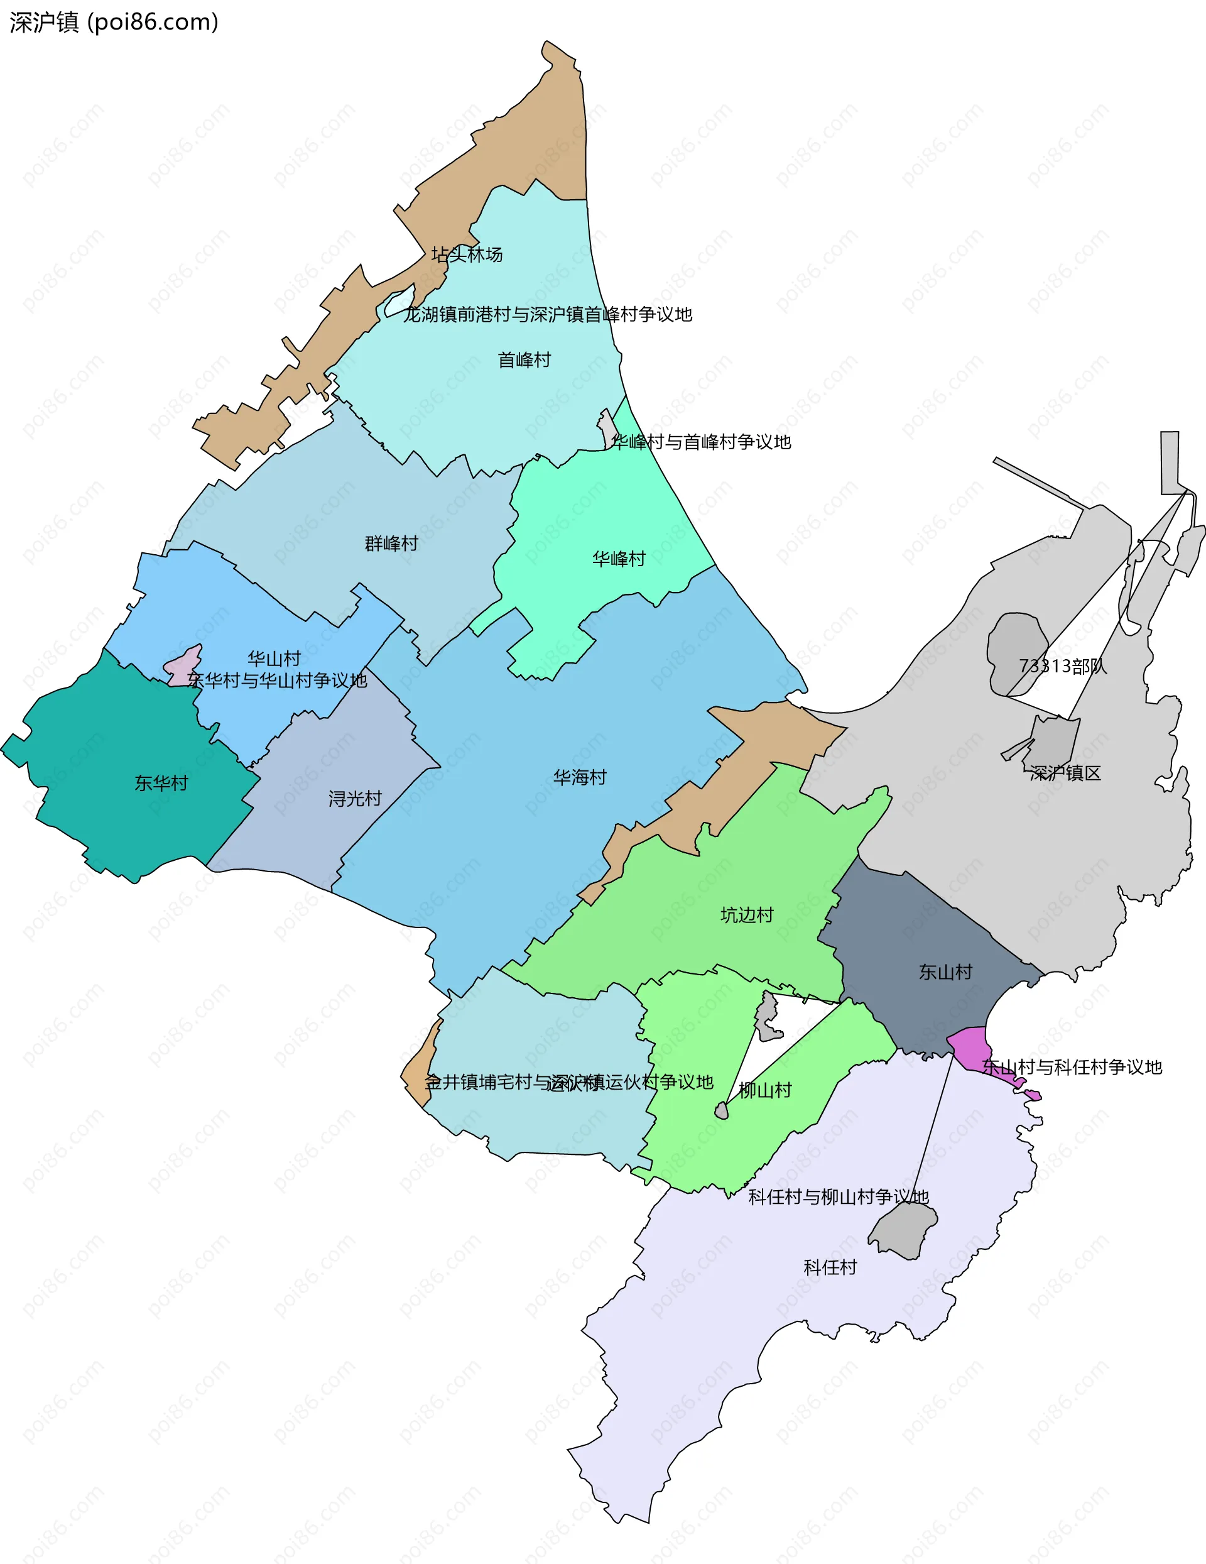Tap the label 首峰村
(x=524, y=359)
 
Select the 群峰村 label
(x=391, y=544)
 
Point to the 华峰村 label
(x=618, y=559)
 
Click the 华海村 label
(x=580, y=777)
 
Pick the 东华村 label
(x=161, y=783)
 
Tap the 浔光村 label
(x=355, y=799)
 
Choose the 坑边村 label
(x=746, y=914)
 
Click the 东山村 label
(x=945, y=972)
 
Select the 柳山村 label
(x=765, y=1090)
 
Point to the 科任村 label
(x=830, y=1267)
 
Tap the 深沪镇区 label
(x=1065, y=774)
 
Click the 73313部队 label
(x=1062, y=666)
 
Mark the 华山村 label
(x=273, y=658)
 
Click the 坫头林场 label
(x=467, y=254)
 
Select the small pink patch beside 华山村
(x=183, y=666)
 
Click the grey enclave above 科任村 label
(x=903, y=1229)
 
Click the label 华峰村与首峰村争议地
(x=702, y=442)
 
